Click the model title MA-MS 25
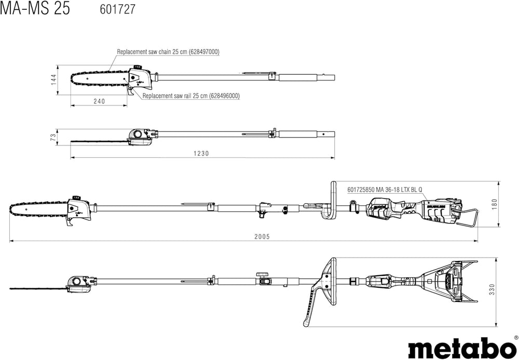point(35,9)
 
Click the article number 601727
point(117,9)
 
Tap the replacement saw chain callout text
point(168,51)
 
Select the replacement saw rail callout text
point(191,96)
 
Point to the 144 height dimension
point(53,79)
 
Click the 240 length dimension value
point(99,101)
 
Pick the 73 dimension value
point(53,138)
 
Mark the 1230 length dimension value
point(201,153)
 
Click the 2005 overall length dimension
point(262,236)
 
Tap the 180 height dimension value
point(495,204)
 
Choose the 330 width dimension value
point(491,289)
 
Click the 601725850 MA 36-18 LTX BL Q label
point(385,190)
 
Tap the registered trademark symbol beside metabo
point(516,337)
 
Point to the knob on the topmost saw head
point(136,66)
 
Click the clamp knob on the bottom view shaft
point(262,275)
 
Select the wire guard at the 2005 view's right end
point(467,218)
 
